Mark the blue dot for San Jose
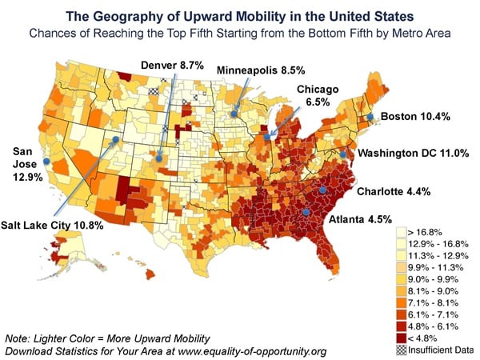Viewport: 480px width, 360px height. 46,162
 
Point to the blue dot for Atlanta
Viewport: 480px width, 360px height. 306,212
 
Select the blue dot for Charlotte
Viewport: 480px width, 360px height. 322,190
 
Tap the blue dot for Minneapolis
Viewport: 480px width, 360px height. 234,113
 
